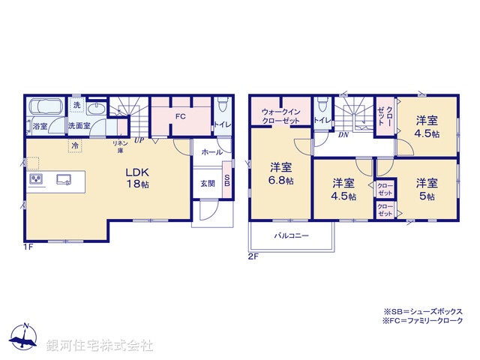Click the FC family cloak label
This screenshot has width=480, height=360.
(180, 117)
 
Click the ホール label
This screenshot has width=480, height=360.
(211, 151)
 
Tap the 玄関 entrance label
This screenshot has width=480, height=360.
(207, 182)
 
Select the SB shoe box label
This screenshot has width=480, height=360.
(227, 183)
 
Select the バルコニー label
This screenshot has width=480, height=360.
(287, 235)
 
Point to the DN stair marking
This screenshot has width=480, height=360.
(342, 135)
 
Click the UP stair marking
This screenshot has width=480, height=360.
(139, 139)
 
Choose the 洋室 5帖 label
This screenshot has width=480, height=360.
(427, 189)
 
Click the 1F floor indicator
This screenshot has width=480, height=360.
(28, 246)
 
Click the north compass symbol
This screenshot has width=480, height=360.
(25, 337)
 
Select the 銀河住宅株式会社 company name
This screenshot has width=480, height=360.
(100, 346)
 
